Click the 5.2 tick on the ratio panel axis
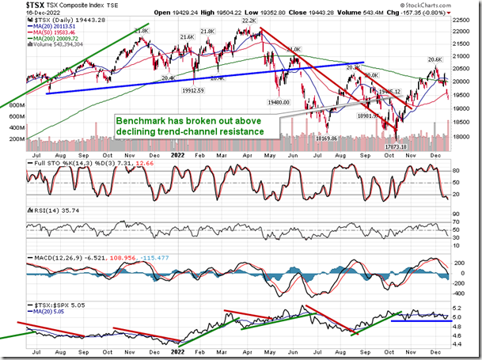point(457,307)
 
